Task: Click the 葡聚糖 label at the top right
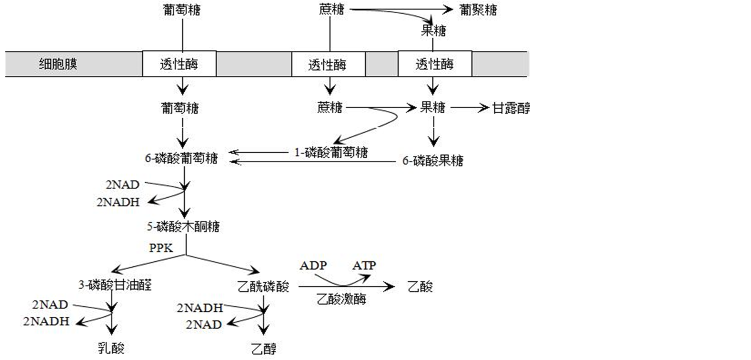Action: coord(478,10)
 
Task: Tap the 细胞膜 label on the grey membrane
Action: coord(58,64)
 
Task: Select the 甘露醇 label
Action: coord(511,108)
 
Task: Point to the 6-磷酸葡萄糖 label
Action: coord(181,159)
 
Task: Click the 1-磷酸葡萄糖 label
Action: coord(331,152)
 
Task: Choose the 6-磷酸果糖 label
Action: coord(433,161)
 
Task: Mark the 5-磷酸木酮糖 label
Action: coord(183,227)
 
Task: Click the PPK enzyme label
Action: coord(161,248)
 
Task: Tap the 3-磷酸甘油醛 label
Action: coord(115,285)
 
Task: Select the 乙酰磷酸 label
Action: coord(263,286)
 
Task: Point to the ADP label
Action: coord(313,265)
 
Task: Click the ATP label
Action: coord(364,265)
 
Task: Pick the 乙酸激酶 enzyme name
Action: coord(341,299)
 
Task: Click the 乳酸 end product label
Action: coord(111,348)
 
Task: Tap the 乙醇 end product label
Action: coord(264,349)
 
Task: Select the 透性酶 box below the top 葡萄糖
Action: coord(179,64)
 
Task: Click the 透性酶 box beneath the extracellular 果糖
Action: coord(434,64)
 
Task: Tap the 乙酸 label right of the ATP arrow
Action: coord(420,286)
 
